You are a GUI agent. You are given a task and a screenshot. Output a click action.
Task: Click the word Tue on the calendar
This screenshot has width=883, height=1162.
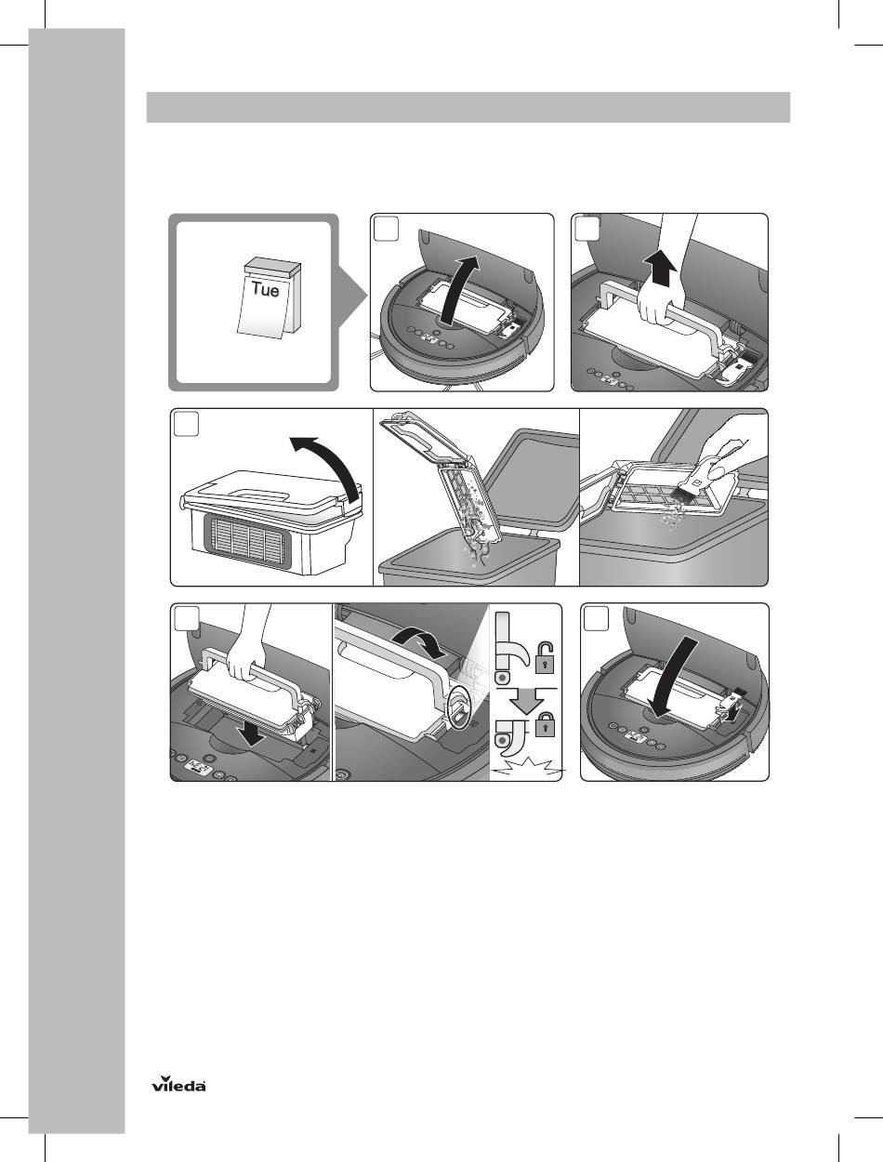[265, 289]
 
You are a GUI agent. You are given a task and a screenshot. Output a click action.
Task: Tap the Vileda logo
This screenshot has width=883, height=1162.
[178, 1083]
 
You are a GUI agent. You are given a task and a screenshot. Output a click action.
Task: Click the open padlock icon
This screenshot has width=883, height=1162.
[545, 657]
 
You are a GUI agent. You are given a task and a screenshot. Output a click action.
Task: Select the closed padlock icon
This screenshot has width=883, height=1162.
[545, 723]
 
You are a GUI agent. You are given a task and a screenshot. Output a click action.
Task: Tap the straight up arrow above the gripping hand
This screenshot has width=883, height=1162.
[659, 270]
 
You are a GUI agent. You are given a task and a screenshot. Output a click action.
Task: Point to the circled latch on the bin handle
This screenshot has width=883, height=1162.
[457, 707]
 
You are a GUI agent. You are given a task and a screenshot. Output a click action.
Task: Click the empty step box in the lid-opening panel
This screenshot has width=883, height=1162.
[386, 229]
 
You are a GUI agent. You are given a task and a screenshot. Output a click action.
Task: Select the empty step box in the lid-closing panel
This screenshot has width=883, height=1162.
[596, 618]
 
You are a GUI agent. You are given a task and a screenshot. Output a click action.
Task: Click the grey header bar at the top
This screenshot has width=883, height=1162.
[468, 108]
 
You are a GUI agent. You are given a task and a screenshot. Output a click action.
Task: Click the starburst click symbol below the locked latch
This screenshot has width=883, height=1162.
[527, 766]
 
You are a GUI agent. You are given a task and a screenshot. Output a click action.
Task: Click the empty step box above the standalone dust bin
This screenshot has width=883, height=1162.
[186, 424]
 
